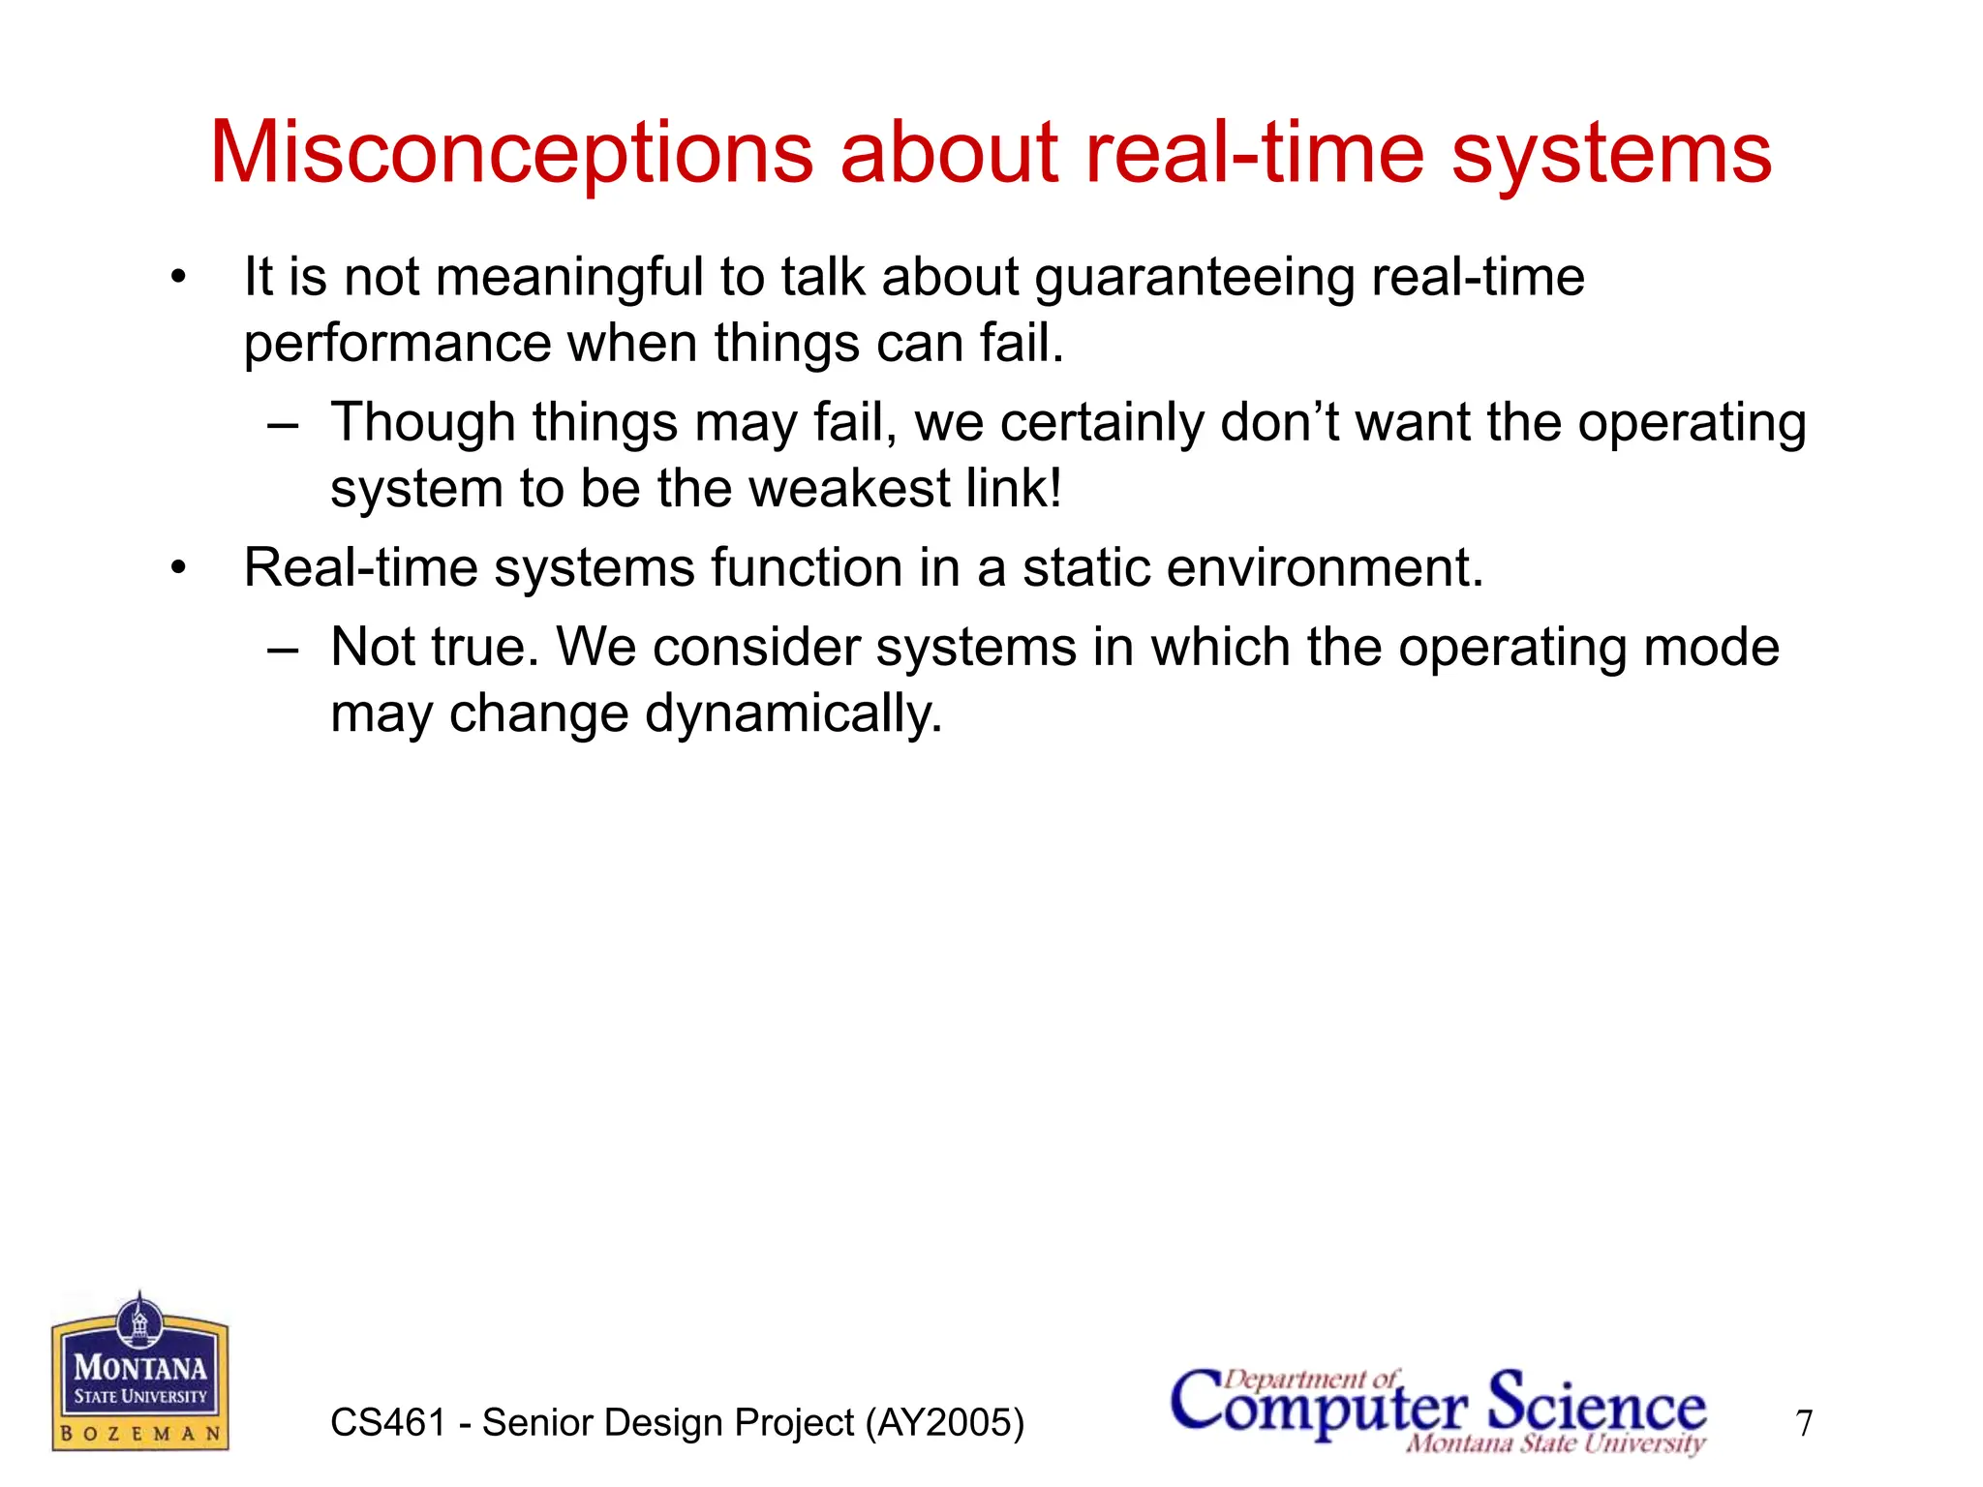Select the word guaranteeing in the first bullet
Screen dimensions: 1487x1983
(x=1194, y=278)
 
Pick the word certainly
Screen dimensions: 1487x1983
(x=1102, y=423)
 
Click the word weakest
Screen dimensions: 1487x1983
(x=849, y=488)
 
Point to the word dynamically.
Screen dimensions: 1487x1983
(x=793, y=714)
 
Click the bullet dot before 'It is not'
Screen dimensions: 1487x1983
(x=177, y=279)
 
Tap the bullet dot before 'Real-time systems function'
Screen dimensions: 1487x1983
(x=177, y=569)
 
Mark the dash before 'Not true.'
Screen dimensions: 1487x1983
(x=283, y=649)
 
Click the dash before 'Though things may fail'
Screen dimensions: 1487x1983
(x=283, y=424)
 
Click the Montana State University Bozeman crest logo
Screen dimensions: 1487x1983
(x=140, y=1373)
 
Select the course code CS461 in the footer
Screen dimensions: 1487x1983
(x=387, y=1423)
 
